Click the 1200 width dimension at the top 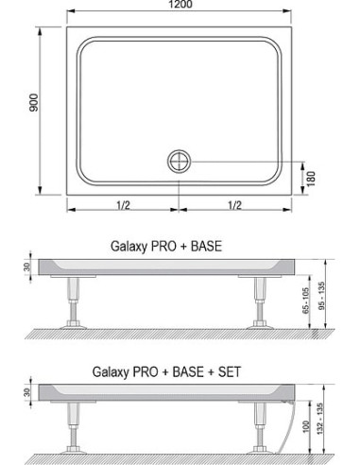180,4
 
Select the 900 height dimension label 34,102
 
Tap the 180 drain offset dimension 311,179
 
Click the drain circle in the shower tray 179,162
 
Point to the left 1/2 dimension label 123,205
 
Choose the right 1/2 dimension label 234,205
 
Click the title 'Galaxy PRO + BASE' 166,246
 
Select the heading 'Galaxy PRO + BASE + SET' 166,371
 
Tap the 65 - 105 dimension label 305,301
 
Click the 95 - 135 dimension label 321,296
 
